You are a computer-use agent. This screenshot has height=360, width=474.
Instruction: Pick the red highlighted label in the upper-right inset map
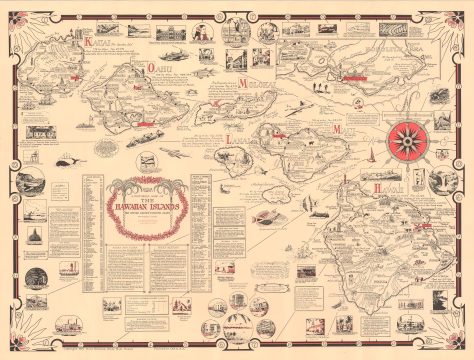(x=357, y=74)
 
